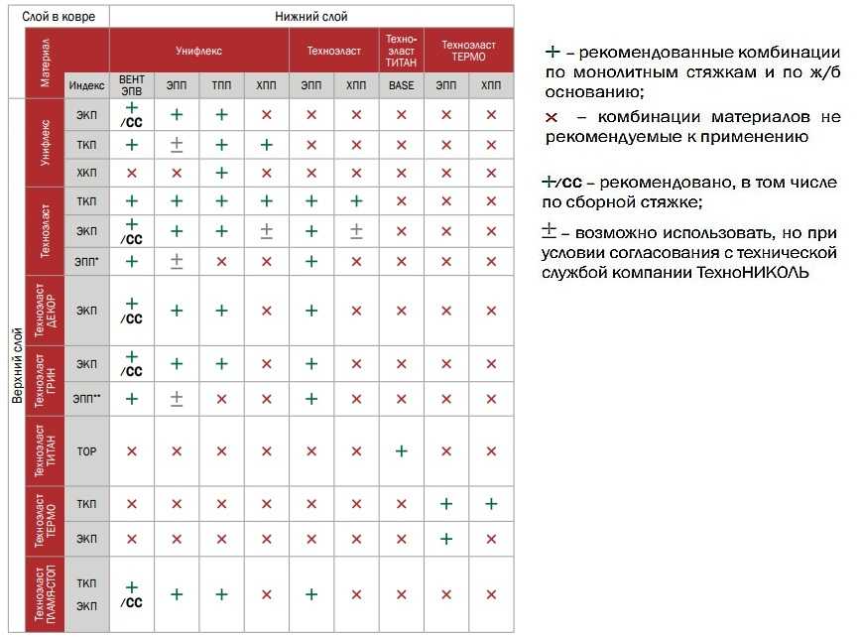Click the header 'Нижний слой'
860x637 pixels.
(x=310, y=16)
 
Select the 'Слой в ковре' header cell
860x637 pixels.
(x=58, y=16)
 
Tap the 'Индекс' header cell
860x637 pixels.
(x=87, y=85)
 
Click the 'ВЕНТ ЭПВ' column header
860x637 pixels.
(x=131, y=85)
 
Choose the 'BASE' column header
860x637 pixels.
(x=402, y=85)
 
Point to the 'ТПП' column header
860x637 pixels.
(x=220, y=85)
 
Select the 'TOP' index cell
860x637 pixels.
(x=87, y=451)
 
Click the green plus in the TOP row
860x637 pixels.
(x=401, y=451)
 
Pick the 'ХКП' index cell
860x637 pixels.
(x=87, y=173)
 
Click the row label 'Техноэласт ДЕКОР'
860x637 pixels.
(x=44, y=311)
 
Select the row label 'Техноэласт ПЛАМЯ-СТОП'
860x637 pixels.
(x=44, y=593)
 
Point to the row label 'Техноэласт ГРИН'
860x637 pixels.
(x=44, y=381)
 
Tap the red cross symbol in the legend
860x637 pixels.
(x=552, y=117)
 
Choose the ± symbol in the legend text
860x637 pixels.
(x=549, y=233)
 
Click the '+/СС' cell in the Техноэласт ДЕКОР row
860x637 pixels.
(x=131, y=311)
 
